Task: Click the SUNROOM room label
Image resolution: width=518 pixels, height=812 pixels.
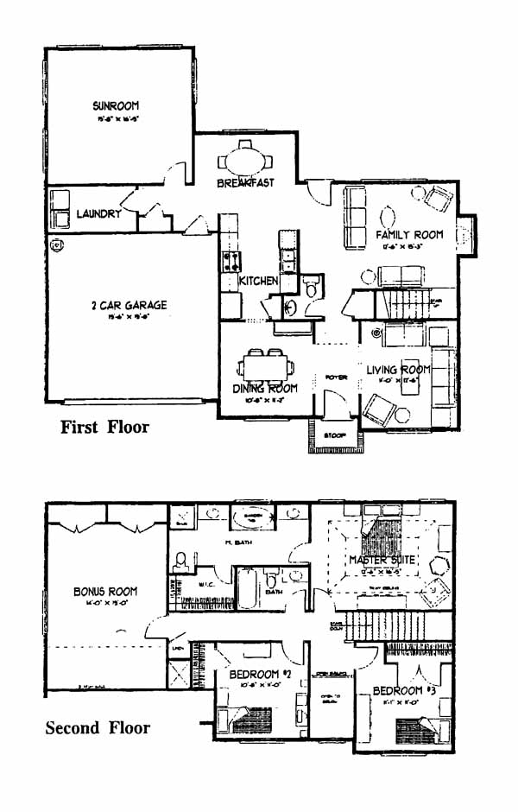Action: pos(117,106)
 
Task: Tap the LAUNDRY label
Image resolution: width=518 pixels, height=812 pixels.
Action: pos(98,213)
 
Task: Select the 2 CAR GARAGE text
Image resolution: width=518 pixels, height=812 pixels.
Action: pos(129,305)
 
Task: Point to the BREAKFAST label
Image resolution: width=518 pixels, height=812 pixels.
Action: pos(245,183)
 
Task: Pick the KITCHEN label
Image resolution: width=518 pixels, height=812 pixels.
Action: pos(258,282)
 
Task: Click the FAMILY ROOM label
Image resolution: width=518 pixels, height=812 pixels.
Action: pos(409,235)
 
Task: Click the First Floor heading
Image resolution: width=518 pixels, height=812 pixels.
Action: pos(104,427)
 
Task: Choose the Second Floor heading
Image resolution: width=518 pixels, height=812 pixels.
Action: pos(98,727)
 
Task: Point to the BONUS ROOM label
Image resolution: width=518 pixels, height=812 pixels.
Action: pos(104,592)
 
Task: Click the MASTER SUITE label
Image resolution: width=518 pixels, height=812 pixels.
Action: pos(382,561)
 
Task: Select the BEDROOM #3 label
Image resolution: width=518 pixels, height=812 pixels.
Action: pos(398,691)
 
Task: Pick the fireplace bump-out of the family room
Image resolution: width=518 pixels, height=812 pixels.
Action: pos(466,235)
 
